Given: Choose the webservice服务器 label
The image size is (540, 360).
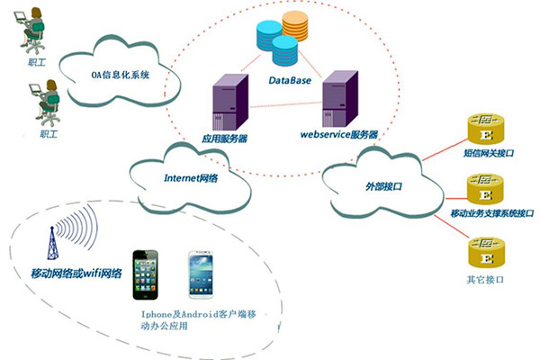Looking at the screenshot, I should coord(337,134).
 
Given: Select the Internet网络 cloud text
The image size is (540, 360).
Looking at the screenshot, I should coord(192,176).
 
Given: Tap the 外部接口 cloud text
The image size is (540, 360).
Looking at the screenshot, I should coord(383,185).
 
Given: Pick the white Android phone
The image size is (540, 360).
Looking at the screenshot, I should coord(202,277).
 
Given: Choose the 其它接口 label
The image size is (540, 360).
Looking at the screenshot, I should coord(485,280).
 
